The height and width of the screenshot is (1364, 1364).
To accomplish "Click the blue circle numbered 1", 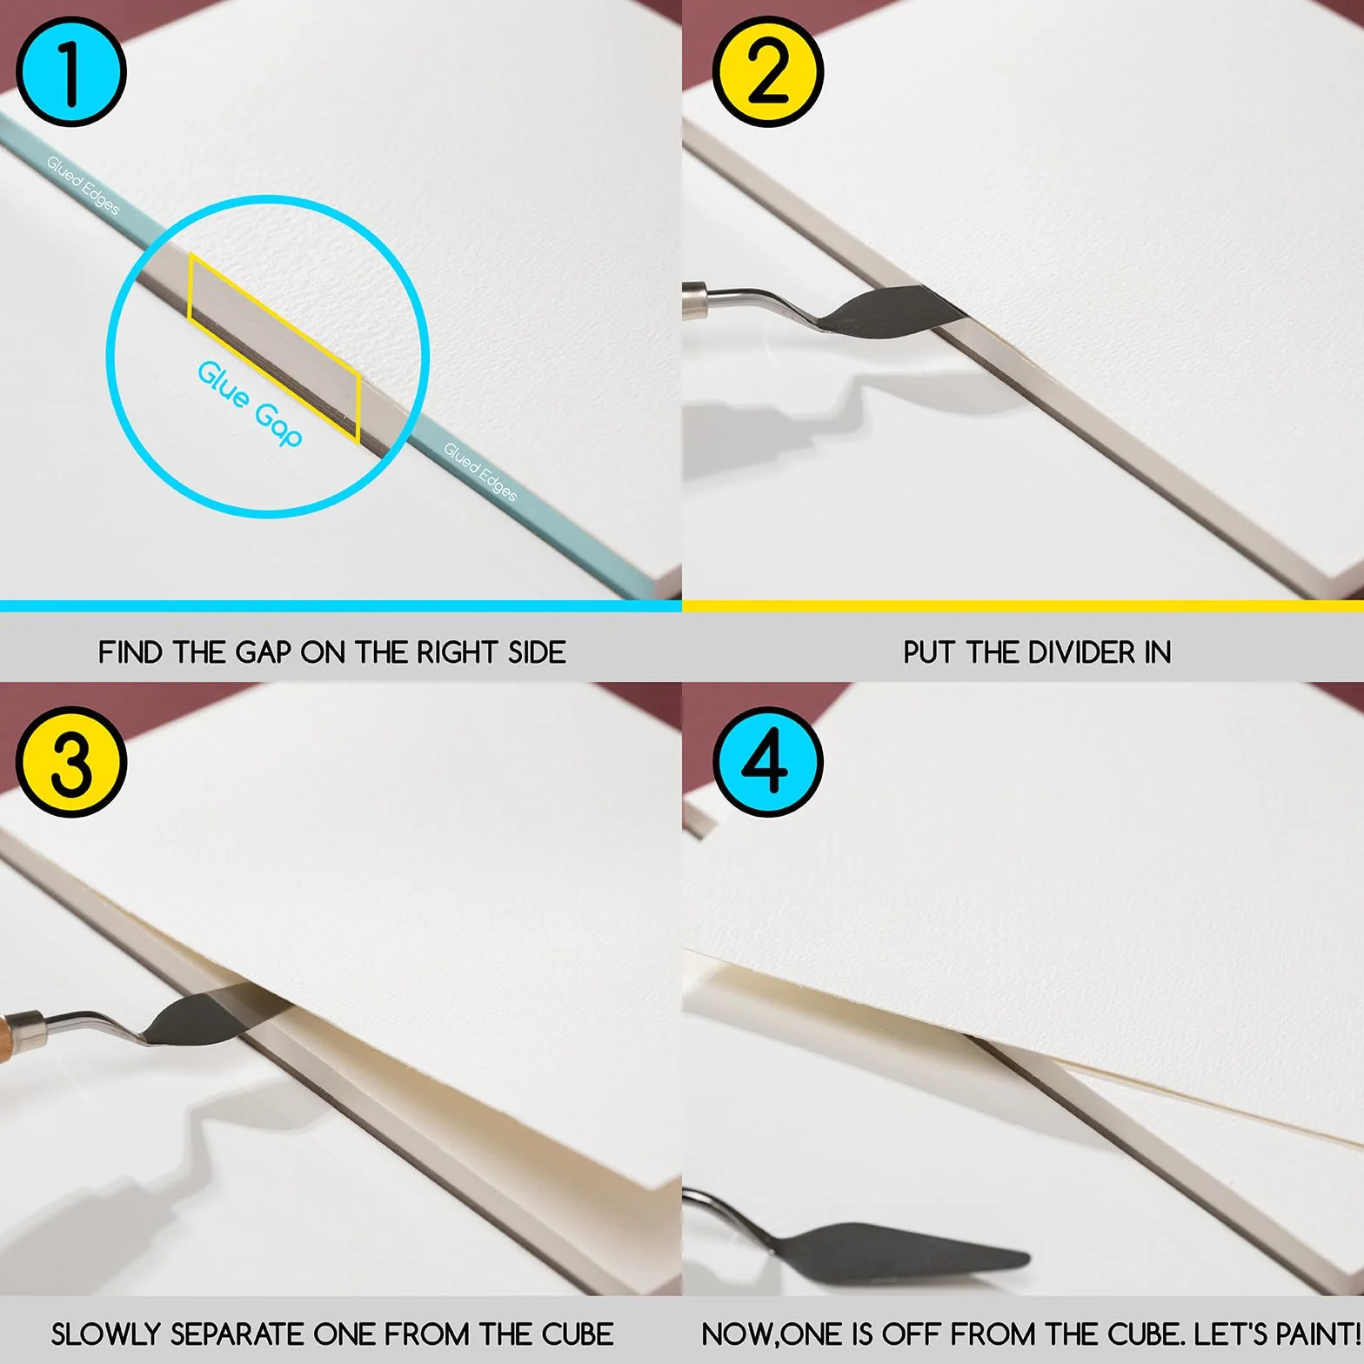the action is [x=71, y=71].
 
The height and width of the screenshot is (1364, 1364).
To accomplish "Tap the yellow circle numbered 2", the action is [x=768, y=71].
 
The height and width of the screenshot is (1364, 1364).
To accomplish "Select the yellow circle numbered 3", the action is [x=71, y=762].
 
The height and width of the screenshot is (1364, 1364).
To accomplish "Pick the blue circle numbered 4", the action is [x=768, y=762].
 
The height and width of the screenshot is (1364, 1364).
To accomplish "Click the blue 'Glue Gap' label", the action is [x=250, y=403].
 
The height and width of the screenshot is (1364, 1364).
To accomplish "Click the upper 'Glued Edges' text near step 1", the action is [x=83, y=184].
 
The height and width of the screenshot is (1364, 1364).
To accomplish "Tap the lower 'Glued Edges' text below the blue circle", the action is [x=480, y=471].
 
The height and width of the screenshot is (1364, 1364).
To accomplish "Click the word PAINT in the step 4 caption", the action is [x=1313, y=1334].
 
